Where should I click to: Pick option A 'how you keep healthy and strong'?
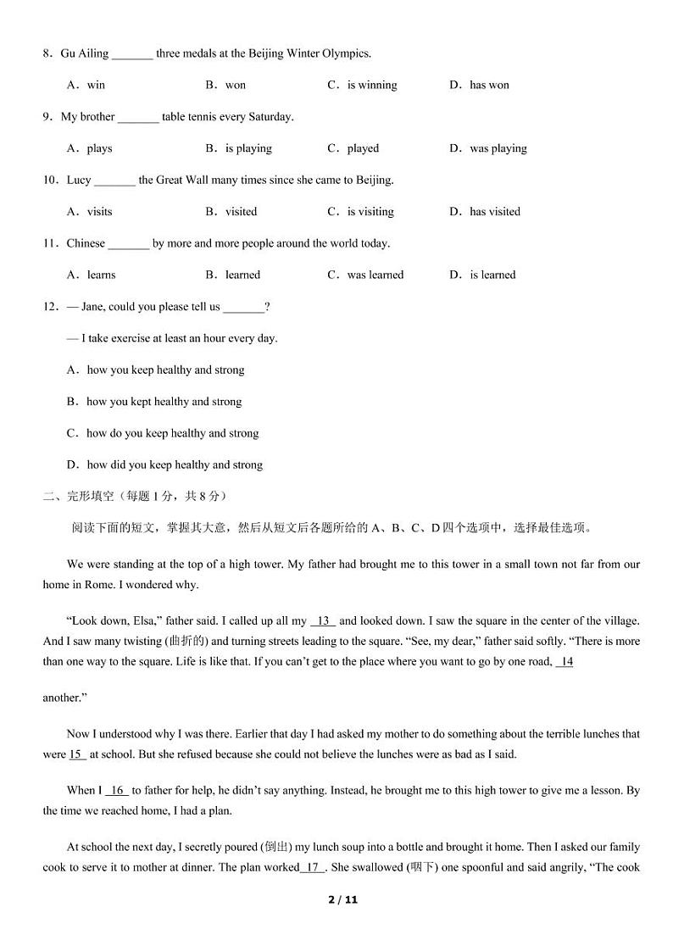[x=156, y=370]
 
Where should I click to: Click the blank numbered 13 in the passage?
[x=323, y=621]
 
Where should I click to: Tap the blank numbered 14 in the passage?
[x=565, y=662]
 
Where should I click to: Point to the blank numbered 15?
[x=76, y=754]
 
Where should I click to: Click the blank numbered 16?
[x=117, y=791]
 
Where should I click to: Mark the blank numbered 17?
[x=313, y=867]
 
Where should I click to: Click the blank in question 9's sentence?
[x=138, y=118]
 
